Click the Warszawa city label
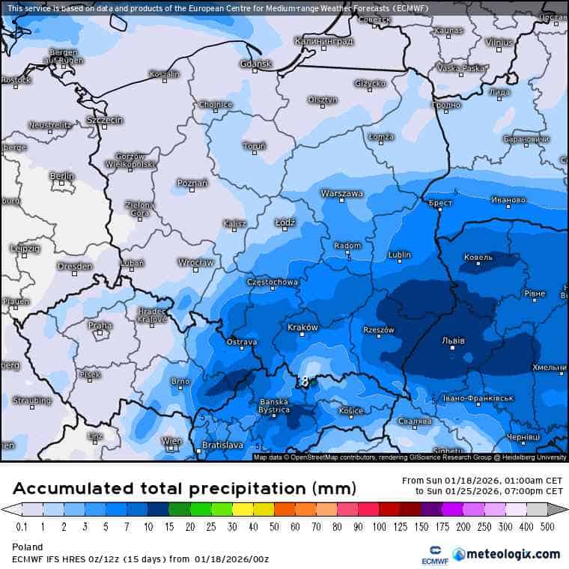click(x=341, y=193)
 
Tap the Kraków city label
click(x=303, y=328)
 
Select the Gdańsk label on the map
click(x=256, y=64)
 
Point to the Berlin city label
click(x=62, y=176)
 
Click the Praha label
click(x=100, y=326)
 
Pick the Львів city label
click(x=453, y=341)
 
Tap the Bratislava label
click(x=222, y=445)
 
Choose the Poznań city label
click(x=192, y=183)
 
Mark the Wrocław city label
click(x=196, y=263)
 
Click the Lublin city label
click(x=399, y=255)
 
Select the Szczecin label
click(x=104, y=120)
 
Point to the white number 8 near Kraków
click(x=305, y=382)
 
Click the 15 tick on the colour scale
click(x=171, y=528)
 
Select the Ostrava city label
click(x=241, y=342)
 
